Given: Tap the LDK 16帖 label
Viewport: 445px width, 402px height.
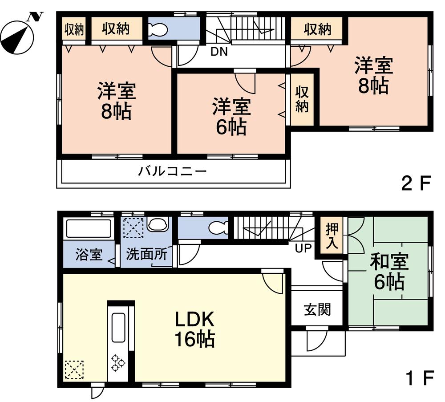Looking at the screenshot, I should [x=194, y=329].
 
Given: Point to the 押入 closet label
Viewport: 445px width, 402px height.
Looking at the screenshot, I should [x=332, y=236].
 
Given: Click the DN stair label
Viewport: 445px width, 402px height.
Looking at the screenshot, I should [x=218, y=52].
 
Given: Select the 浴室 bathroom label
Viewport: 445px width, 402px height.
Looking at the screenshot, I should [x=89, y=255].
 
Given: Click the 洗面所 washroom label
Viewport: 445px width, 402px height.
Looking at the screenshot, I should [x=146, y=255].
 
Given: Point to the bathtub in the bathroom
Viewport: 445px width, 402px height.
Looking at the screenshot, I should [x=89, y=229].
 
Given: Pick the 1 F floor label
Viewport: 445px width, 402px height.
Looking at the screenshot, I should [x=418, y=378].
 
